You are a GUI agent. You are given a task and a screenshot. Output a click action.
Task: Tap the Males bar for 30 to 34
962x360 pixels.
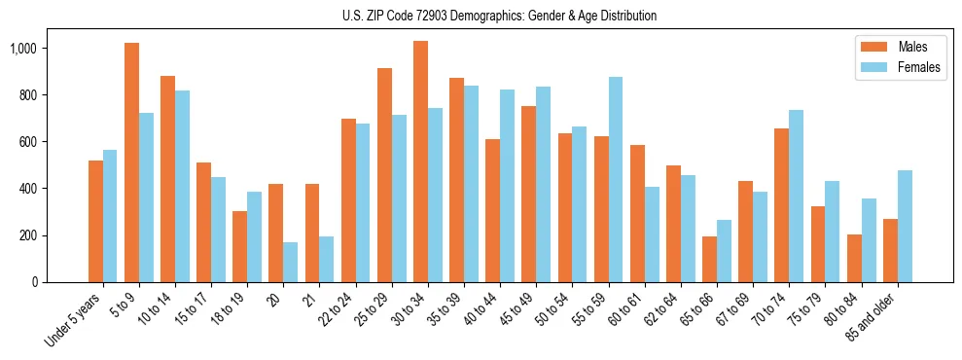click(420, 162)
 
